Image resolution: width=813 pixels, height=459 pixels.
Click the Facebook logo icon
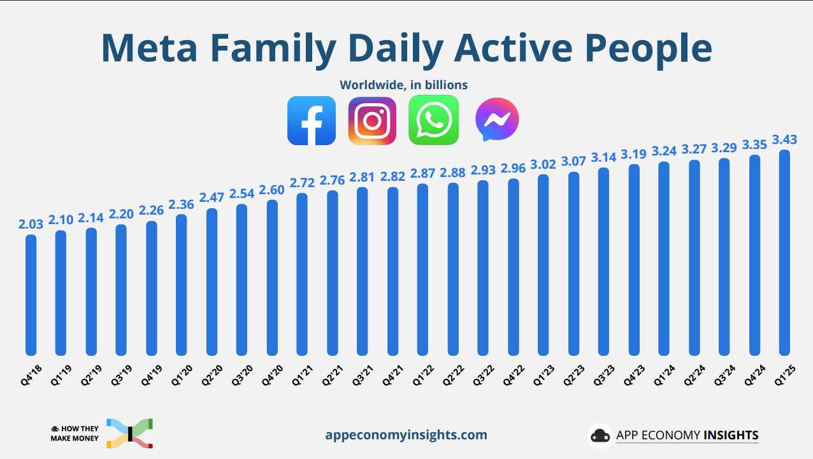312,120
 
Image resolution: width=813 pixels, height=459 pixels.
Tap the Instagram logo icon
373,120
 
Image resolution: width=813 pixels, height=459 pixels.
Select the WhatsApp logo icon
433,120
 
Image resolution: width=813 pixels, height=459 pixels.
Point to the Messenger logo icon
497,120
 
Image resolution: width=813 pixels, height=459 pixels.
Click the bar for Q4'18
31,294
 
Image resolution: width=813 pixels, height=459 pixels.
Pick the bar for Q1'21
302,274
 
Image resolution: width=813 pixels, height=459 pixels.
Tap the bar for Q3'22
483,267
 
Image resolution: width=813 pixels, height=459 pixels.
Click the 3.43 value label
784,139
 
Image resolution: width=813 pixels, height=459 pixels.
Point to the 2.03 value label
31,224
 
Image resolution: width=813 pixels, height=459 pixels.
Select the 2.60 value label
272,190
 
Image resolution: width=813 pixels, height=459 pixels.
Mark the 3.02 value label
543,164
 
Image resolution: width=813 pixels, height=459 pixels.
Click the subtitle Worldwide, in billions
404,85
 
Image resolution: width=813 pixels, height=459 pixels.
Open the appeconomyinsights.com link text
406,435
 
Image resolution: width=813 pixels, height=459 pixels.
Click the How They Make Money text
75,434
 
